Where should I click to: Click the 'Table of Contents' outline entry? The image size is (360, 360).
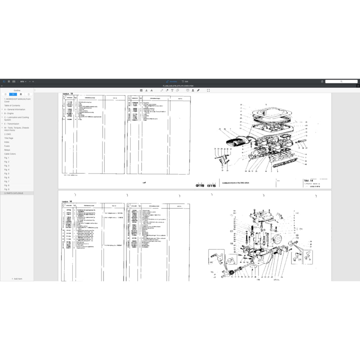pyautogui.click(x=12, y=105)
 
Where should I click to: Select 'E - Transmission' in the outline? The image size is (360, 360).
pyautogui.click(x=12, y=124)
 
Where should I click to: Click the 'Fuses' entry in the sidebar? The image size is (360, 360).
pyautogui.click(x=7, y=146)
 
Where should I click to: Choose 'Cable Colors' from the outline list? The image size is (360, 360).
pyautogui.click(x=10, y=154)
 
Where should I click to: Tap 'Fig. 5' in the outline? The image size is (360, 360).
pyautogui.click(x=7, y=173)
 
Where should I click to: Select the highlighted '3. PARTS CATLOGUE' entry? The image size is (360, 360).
pyautogui.click(x=14, y=193)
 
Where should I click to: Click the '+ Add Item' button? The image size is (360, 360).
pyautogui.click(x=17, y=278)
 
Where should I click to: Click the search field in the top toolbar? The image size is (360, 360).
pyautogui.click(x=341, y=82)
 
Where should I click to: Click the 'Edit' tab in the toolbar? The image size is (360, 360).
pyautogui.click(x=185, y=82)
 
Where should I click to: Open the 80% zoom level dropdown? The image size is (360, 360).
pyautogui.click(x=23, y=82)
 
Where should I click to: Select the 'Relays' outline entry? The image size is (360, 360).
pyautogui.click(x=7, y=150)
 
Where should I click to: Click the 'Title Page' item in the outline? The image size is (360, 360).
pyautogui.click(x=9, y=138)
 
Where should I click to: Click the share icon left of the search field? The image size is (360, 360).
pyautogui.click(x=322, y=82)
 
